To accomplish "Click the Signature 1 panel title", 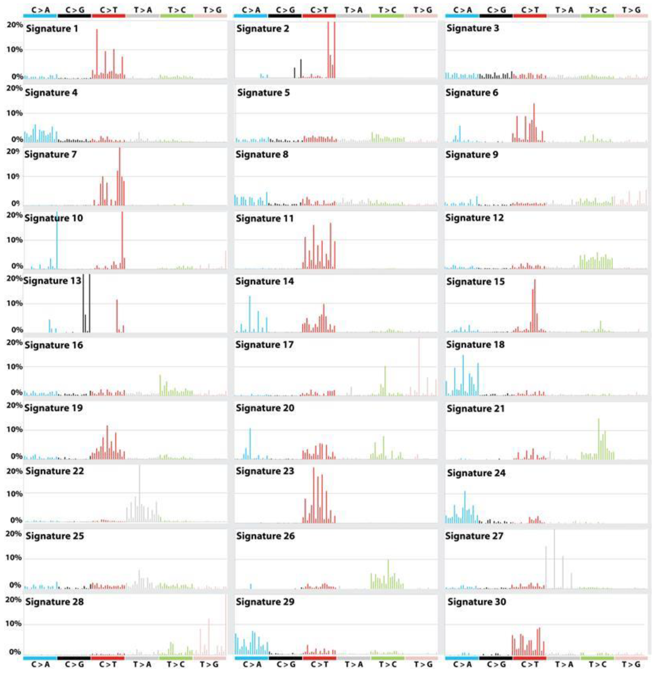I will tap(52, 29).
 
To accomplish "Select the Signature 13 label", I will tap(52, 281).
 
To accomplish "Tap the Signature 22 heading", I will tap(55, 471).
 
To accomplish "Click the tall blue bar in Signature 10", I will tap(57, 241).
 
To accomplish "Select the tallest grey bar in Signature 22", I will tap(139, 493).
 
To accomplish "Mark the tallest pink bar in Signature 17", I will tap(419, 367).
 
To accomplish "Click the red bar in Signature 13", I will tap(117, 316).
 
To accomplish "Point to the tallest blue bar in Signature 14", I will tap(250, 314).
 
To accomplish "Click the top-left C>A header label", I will tap(40, 10).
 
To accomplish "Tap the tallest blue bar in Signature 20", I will tap(250, 443).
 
